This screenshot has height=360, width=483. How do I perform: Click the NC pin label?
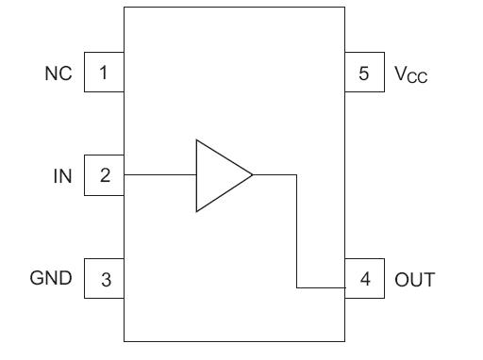click(x=59, y=73)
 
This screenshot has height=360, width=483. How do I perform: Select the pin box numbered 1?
click(x=104, y=73)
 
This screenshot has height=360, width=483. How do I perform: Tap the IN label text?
click(x=62, y=174)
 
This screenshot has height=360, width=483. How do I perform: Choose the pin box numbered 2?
click(x=104, y=175)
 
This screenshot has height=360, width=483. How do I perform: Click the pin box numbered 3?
click(x=104, y=279)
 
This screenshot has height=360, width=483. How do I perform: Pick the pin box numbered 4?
click(x=363, y=279)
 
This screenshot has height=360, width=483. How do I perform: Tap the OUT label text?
click(x=414, y=279)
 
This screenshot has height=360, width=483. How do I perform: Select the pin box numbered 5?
click(x=363, y=73)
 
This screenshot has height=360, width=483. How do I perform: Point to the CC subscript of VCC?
click(x=417, y=76)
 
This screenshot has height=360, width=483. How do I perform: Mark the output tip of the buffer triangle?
click(x=253, y=175)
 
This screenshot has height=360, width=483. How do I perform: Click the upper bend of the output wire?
click(x=297, y=175)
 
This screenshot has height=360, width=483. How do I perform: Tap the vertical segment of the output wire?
click(x=297, y=231)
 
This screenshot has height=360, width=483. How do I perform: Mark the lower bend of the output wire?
click(x=297, y=287)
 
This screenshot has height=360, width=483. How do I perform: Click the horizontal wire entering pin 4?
click(x=321, y=287)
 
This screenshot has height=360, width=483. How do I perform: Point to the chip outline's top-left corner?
click(x=125, y=8)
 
